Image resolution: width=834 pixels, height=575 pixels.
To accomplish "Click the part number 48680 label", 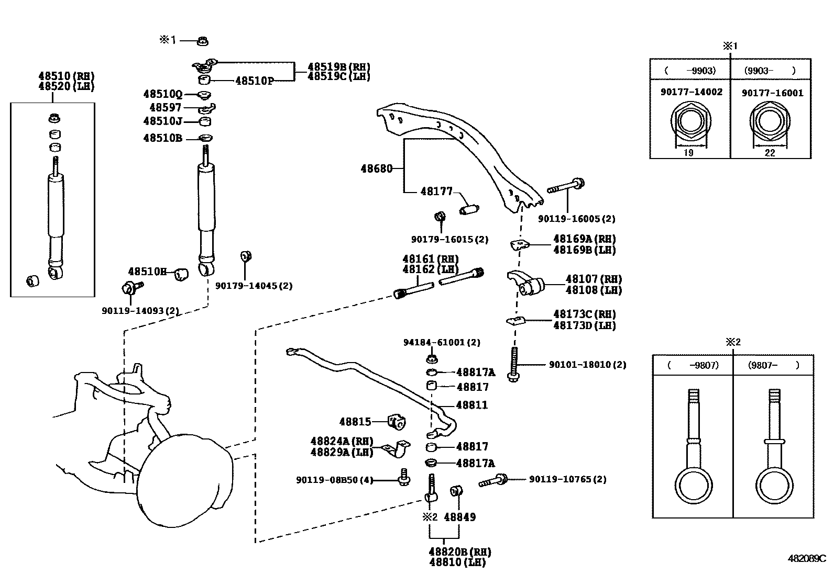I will pos(376,169).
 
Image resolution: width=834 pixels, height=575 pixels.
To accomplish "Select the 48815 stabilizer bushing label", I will pos(355,422).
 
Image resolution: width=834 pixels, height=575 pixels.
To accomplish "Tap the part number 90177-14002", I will pos(691,92).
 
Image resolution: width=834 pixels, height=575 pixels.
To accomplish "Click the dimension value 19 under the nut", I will pos(689,153).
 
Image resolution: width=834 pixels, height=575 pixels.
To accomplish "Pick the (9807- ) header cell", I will pos(773,365).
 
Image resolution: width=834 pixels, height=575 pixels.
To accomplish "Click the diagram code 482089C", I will pos(806,558).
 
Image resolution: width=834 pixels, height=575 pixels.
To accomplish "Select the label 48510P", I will pos(254,81).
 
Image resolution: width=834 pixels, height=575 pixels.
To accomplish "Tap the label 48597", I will pos(165,108).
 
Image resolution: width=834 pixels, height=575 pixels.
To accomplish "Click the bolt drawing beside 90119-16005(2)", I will pos(566,186).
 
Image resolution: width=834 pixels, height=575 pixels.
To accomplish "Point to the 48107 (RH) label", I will pos(594,279).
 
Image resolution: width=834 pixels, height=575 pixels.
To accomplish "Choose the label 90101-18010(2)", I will pos(587,365).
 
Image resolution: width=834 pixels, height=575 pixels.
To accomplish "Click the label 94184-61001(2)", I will pos(442,343).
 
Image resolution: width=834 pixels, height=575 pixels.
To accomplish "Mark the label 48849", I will pos(459,517).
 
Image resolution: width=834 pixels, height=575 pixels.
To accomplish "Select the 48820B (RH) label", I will pos(460,552).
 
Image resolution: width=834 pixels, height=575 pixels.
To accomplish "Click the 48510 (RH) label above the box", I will pos(65,75).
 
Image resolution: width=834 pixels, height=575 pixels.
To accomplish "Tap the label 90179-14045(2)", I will pos(254,286).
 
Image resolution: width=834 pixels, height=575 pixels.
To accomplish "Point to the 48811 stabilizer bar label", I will pos(471,405).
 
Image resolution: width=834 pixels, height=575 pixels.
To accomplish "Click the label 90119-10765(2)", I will pos(567,479).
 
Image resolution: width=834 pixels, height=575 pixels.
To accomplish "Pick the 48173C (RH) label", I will pos(584,314).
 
